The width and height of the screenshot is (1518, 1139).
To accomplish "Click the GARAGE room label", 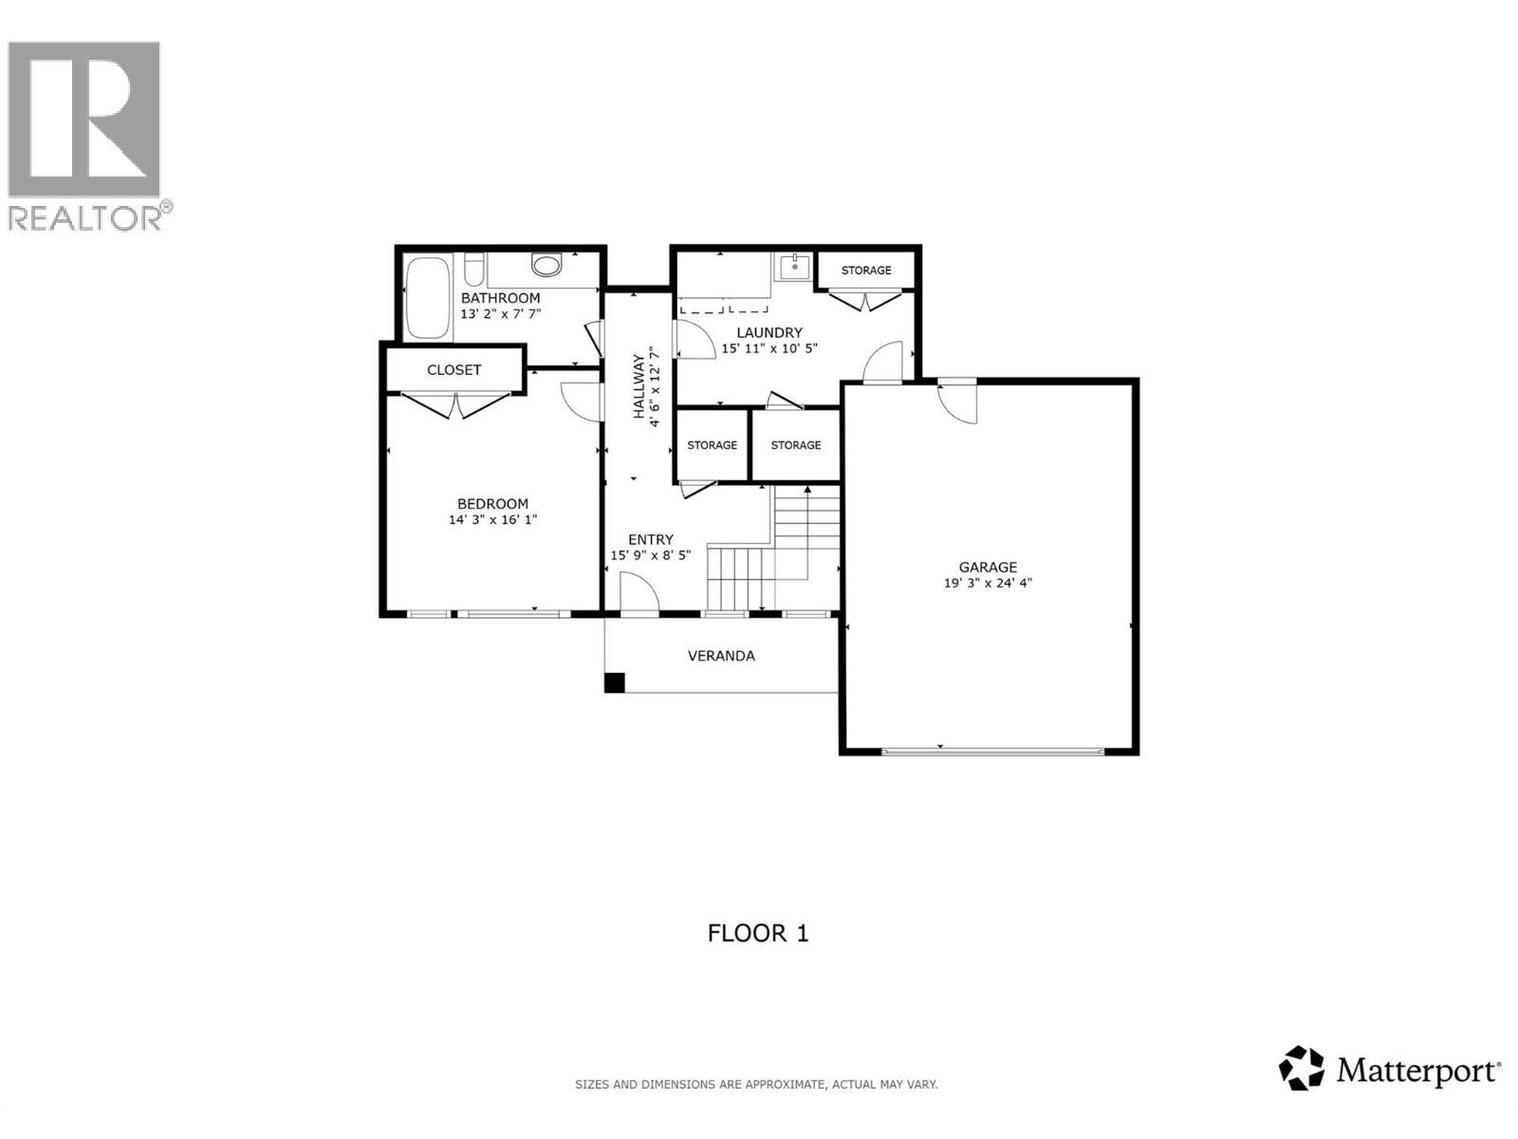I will pyautogui.click(x=987, y=567).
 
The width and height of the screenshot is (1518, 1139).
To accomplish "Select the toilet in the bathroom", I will pyautogui.click(x=546, y=264).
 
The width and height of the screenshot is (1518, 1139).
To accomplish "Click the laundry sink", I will pyautogui.click(x=792, y=267).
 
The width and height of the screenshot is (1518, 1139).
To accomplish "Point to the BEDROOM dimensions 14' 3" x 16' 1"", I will pyautogui.click(x=492, y=520).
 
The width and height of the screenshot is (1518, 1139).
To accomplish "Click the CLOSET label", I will pyautogui.click(x=454, y=370).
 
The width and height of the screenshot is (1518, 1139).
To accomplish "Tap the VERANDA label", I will pyautogui.click(x=721, y=656).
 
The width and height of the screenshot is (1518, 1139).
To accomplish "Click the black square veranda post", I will pyautogui.click(x=615, y=682).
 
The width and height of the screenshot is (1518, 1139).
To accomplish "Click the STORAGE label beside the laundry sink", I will pyautogui.click(x=865, y=271).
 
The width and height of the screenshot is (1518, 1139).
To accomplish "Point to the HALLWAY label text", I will pyautogui.click(x=639, y=386).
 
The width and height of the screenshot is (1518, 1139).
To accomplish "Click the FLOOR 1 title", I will pyautogui.click(x=758, y=933).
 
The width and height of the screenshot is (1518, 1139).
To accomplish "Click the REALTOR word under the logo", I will pyautogui.click(x=85, y=217).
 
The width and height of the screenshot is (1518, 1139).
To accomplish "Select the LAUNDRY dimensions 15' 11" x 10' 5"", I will pyautogui.click(x=769, y=348).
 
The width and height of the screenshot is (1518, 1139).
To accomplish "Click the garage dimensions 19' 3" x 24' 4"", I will pyautogui.click(x=987, y=584).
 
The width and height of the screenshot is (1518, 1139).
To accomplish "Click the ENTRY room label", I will pyautogui.click(x=650, y=539).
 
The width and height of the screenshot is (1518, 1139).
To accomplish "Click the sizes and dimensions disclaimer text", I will pyautogui.click(x=756, y=1084).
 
